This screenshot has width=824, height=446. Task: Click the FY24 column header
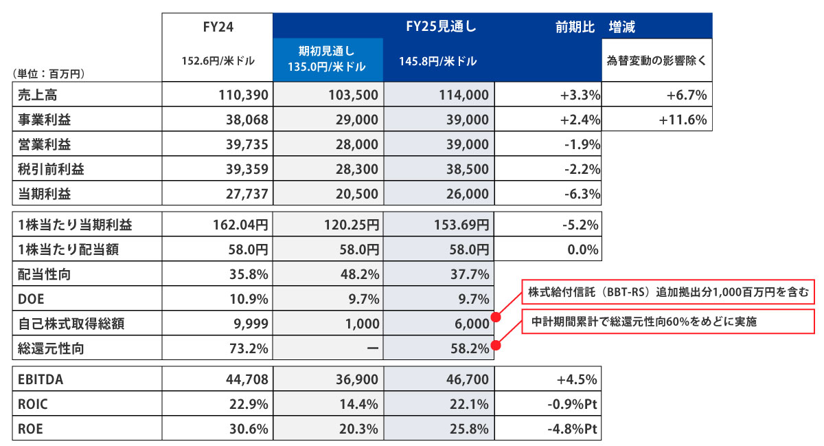point(217,27)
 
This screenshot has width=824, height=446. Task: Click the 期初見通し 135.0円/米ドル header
point(328,60)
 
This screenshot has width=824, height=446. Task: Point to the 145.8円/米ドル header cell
point(438,60)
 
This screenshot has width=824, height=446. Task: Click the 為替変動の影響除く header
point(656,60)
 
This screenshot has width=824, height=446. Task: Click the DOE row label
point(31,299)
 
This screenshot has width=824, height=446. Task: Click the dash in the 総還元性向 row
point(370,348)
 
